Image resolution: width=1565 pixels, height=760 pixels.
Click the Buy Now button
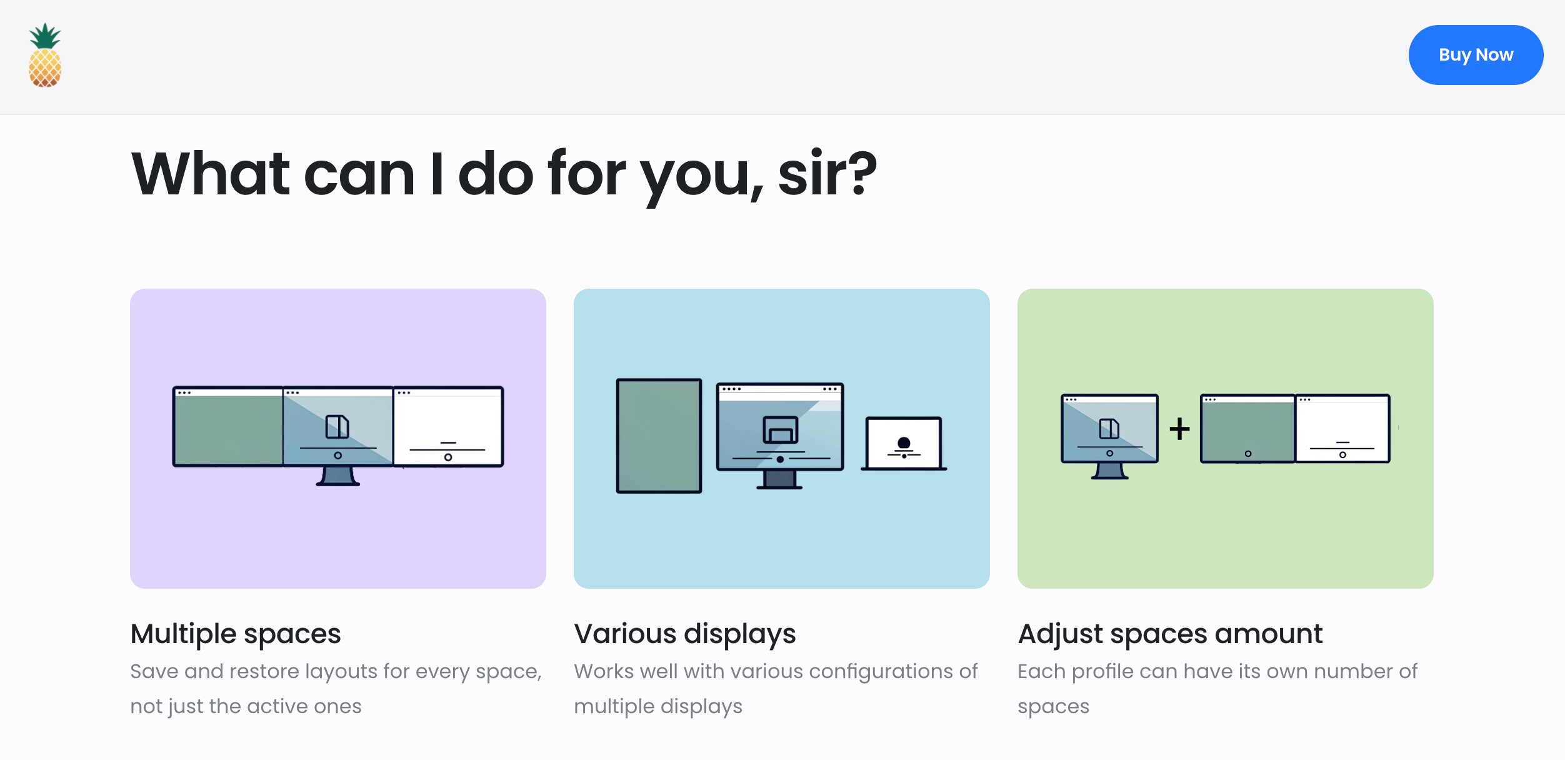1476,55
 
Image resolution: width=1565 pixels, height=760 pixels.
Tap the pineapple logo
45,55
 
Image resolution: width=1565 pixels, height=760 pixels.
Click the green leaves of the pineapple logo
45,36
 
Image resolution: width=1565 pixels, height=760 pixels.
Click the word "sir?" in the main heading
827,174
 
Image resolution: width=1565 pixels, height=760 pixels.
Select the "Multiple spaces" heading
236,634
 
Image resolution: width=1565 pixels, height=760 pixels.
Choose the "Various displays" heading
685,634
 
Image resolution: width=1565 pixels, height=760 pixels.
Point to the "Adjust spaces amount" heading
1170,634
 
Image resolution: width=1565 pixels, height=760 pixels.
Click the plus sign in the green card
1179,429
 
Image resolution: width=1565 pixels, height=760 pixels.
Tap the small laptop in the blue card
904,443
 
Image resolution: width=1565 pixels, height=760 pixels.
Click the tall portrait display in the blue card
659,436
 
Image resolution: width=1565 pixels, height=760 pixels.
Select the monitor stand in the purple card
338,476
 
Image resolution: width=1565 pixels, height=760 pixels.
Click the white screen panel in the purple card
448,426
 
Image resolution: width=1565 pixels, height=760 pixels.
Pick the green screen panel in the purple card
228,426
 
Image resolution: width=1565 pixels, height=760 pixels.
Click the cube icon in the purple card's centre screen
337,427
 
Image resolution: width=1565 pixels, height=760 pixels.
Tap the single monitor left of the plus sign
1109,436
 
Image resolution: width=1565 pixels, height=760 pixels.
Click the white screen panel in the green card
1342,429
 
